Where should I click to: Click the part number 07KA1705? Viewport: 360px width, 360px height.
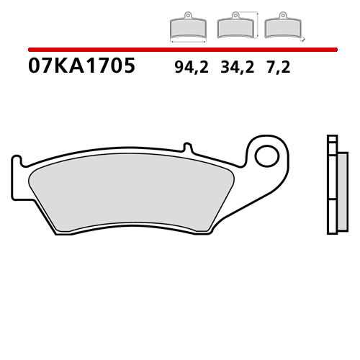tap(81, 67)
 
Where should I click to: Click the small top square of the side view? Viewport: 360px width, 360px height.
tap(332, 140)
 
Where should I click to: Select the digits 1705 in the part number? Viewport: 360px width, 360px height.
tap(109, 67)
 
